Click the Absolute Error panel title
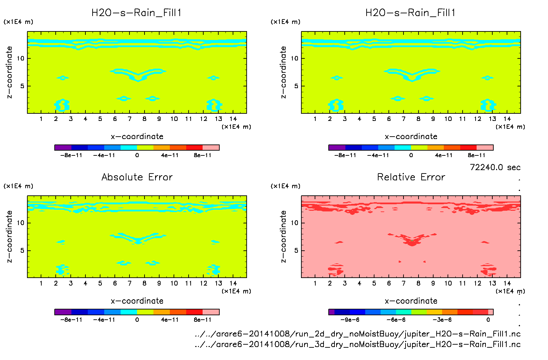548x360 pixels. (137, 177)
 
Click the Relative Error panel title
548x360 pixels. (411, 177)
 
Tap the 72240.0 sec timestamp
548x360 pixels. (495, 167)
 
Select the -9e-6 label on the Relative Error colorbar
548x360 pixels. (350, 320)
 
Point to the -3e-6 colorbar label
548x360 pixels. (442, 320)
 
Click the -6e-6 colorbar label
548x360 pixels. (396, 320)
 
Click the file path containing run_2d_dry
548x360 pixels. (357, 334)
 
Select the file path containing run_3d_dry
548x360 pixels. (357, 344)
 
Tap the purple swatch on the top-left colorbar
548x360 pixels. (63, 148)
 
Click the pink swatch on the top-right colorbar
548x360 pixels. (485, 148)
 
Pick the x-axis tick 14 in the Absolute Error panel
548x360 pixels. (233, 283)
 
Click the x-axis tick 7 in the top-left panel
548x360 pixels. (129, 119)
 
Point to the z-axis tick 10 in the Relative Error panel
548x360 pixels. (294, 223)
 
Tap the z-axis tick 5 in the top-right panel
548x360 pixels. (296, 86)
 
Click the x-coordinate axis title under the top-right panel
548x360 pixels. (411, 137)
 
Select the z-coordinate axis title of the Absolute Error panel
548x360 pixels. (10, 236)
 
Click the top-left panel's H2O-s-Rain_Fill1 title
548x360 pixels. (136, 13)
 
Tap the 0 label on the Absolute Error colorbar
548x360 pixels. (137, 320)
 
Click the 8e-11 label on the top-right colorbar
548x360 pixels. (476, 155)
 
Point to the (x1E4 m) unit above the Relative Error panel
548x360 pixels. (285, 186)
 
